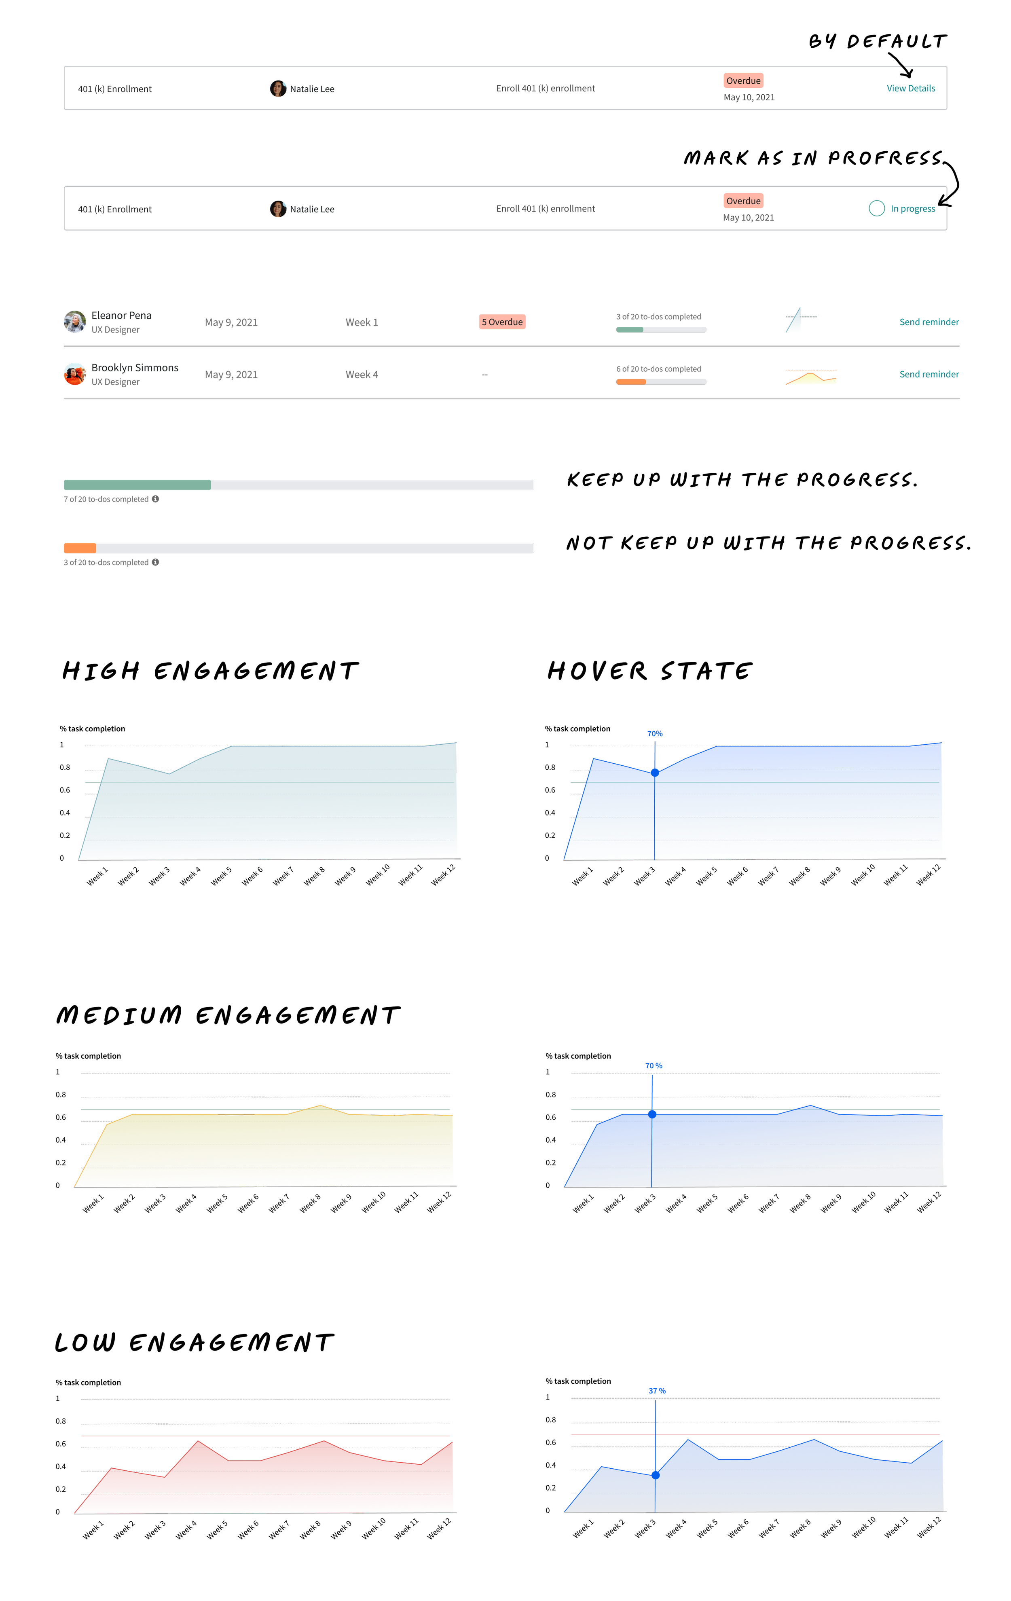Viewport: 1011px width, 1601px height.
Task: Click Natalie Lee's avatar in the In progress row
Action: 278,209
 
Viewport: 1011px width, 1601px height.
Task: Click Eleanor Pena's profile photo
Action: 74,322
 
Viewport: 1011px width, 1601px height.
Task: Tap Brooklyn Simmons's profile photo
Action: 74,374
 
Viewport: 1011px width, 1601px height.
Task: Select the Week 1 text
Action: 362,322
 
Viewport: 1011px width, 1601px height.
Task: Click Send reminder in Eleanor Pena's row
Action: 929,322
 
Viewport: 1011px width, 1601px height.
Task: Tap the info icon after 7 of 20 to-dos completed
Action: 156,499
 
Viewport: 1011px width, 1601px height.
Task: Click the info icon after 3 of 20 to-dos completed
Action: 156,563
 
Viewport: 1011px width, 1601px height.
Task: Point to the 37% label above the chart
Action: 656,1391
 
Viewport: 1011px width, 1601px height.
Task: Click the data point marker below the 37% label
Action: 656,1475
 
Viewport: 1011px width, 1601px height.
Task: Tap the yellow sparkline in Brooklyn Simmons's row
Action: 811,378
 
